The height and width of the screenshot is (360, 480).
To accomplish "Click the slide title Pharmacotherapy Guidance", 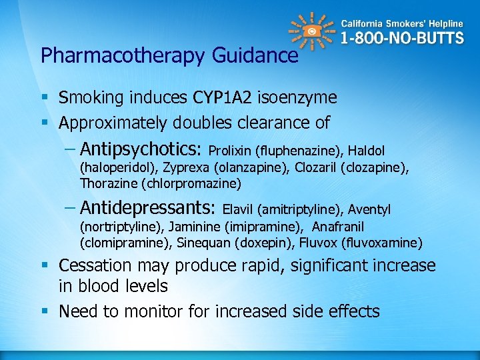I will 169,55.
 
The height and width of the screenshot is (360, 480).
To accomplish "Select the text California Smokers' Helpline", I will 402,23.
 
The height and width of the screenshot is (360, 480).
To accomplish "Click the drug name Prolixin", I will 228,151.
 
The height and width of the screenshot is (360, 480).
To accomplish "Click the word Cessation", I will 95,266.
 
